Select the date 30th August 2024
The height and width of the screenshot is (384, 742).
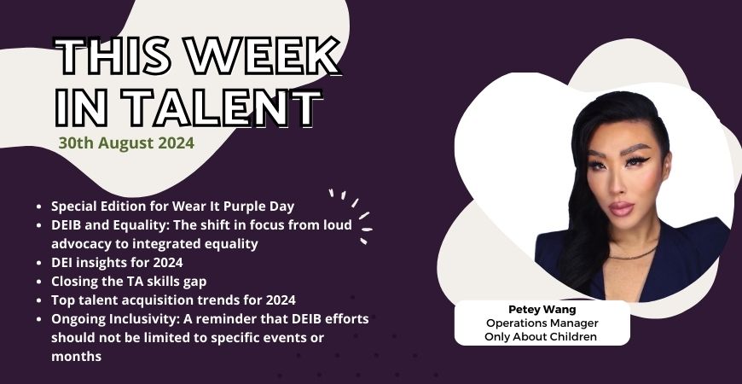[126, 143]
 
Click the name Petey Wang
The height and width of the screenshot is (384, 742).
[542, 309]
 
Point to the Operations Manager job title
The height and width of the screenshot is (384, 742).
[542, 323]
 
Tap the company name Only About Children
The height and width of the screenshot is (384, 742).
[542, 337]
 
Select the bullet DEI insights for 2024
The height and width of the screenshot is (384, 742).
[117, 262]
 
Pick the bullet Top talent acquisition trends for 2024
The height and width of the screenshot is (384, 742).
[173, 300]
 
